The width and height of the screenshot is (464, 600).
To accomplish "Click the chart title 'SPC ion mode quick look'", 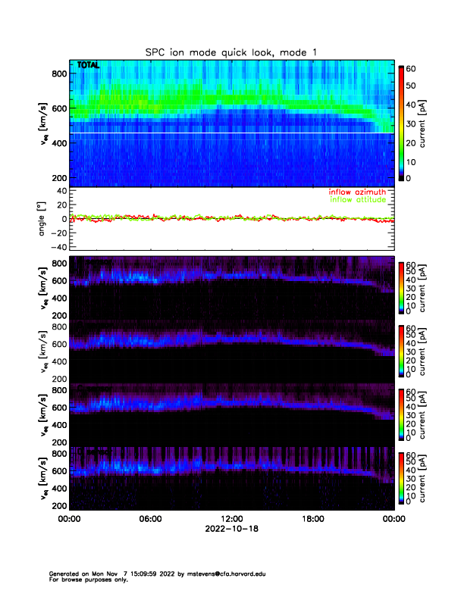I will coord(231,51).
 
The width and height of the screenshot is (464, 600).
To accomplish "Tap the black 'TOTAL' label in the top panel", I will coord(88,66).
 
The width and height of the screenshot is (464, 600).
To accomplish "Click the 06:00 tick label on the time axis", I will coord(150,519).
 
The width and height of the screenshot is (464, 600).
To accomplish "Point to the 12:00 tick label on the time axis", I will coord(231,519).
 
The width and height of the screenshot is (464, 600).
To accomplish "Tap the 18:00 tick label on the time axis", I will coord(312,519).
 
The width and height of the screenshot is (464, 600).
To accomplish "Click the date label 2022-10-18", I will coord(231,529).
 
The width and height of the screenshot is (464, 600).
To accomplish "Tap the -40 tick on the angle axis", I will coord(59,246).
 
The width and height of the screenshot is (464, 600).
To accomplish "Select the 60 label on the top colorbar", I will coord(412,68).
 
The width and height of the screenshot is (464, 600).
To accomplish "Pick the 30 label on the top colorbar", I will coord(412,123).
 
